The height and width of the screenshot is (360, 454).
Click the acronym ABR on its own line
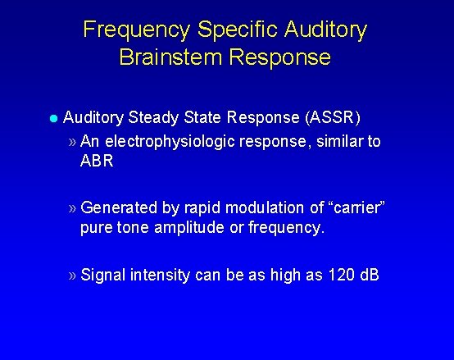point(97,161)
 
